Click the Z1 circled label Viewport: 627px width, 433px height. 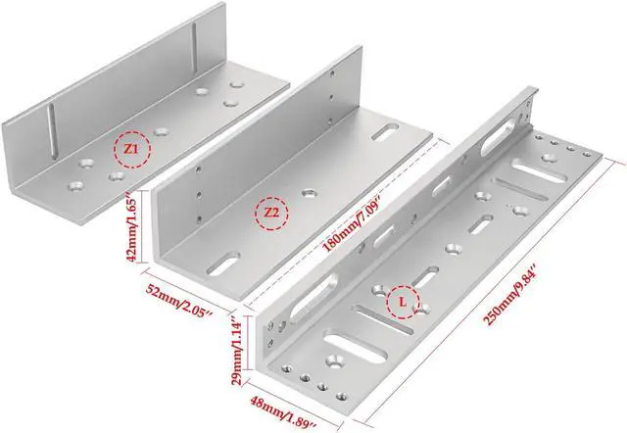[x=132, y=149]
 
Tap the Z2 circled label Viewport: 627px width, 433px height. [x=271, y=214]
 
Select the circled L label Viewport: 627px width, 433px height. [x=403, y=302]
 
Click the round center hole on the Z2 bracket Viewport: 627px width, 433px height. [x=310, y=194]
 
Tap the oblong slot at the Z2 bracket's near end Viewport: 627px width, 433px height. [x=222, y=264]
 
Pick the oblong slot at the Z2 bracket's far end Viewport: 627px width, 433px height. [x=385, y=132]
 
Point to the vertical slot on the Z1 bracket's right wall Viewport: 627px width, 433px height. [x=194, y=47]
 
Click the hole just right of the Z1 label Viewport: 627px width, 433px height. [x=161, y=131]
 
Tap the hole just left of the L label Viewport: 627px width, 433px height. [x=378, y=289]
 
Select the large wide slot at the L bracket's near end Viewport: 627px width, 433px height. [x=355, y=346]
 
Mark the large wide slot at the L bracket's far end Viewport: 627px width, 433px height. [x=534, y=169]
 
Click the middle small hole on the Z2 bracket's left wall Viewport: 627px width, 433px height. [x=199, y=194]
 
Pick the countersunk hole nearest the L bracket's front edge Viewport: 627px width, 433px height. [x=335, y=362]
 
